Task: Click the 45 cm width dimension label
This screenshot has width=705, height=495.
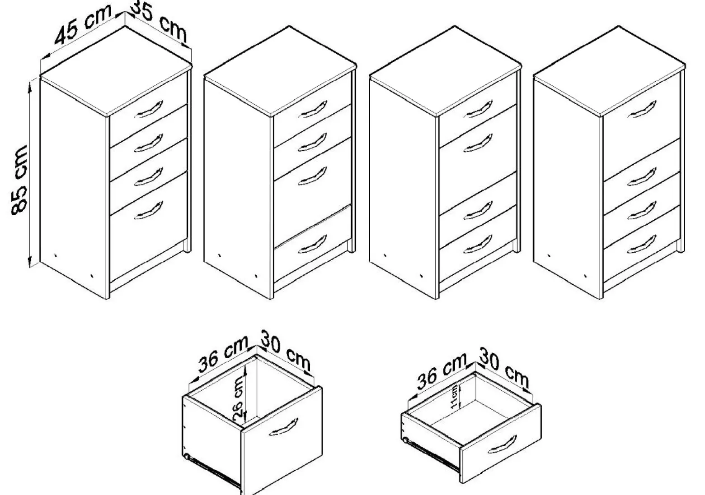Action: (x=83, y=24)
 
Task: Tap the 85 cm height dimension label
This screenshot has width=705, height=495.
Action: (x=19, y=180)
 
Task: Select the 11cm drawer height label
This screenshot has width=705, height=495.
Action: (x=454, y=396)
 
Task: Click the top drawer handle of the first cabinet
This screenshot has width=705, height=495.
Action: (x=149, y=109)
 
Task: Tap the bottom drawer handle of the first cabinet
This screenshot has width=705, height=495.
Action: (x=149, y=210)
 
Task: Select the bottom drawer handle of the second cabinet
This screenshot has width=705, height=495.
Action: (x=313, y=244)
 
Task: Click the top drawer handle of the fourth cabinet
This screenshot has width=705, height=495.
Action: (x=642, y=109)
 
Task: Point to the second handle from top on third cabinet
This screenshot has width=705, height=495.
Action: (x=478, y=143)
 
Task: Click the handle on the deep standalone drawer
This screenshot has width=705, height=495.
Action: (x=283, y=427)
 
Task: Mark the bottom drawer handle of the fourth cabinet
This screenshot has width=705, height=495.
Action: (x=642, y=244)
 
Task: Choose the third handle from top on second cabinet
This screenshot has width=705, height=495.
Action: (x=313, y=176)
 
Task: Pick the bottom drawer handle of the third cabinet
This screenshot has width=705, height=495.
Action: (x=478, y=244)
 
